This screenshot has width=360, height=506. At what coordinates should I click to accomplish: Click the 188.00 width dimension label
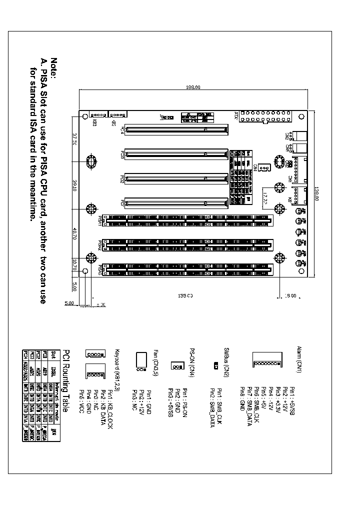(193, 87)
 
